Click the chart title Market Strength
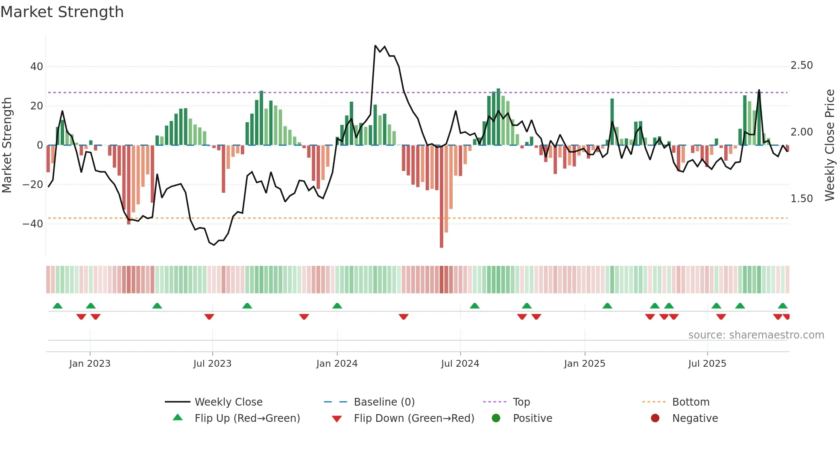(62, 12)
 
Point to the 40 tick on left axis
(37, 67)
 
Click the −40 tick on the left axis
(33, 224)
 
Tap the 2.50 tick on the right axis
(802, 65)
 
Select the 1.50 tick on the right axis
(802, 199)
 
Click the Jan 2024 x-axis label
(337, 364)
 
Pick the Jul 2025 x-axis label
(707, 364)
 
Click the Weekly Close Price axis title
(829, 145)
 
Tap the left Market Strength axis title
(7, 145)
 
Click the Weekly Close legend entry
(228, 402)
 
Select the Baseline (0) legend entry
(384, 402)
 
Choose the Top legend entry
(521, 402)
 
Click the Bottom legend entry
(691, 402)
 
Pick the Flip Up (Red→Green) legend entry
(247, 418)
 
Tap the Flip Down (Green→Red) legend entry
(414, 418)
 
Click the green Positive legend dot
(496, 418)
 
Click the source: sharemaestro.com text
(756, 335)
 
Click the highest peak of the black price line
(375, 46)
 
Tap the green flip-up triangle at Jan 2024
(337, 306)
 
